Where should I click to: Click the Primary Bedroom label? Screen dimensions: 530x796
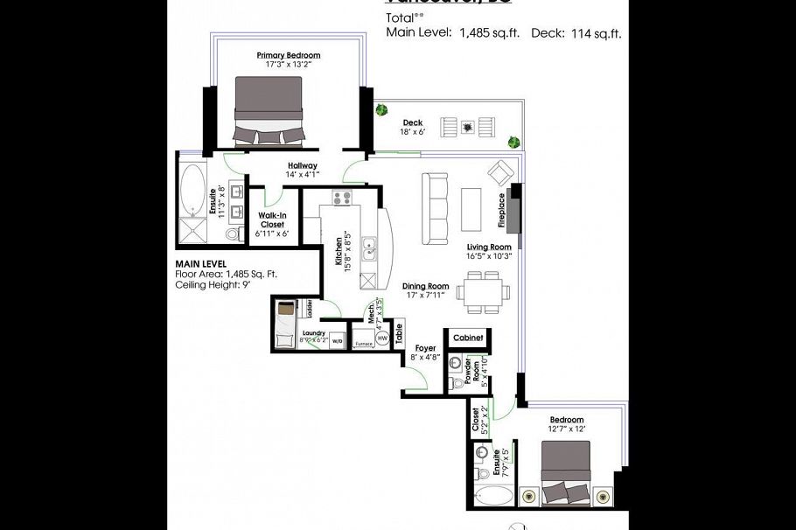click(x=288, y=56)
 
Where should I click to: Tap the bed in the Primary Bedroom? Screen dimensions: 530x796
click(x=268, y=110)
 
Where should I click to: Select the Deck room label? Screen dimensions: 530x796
click(x=412, y=122)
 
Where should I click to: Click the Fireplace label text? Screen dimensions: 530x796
click(x=502, y=211)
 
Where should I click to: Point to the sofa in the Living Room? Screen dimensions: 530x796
click(x=433, y=209)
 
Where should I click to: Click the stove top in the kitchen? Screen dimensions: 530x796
click(x=341, y=198)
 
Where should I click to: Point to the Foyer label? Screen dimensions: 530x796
click(x=425, y=349)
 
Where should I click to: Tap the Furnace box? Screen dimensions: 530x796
click(x=363, y=344)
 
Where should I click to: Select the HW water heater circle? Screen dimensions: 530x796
click(x=381, y=338)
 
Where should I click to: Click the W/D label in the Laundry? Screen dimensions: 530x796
click(x=337, y=341)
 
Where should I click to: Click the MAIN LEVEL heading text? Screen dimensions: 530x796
click(x=201, y=263)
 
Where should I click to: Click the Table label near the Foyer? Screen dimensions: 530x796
click(x=399, y=332)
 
